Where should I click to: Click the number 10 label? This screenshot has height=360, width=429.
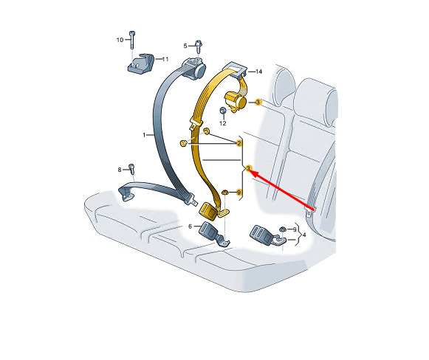click(120, 40)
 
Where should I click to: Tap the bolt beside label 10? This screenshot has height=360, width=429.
click(132, 40)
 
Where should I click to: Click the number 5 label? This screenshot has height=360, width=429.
click(185, 46)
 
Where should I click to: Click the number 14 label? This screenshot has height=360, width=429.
click(258, 72)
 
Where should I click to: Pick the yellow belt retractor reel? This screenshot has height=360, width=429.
click(236, 102)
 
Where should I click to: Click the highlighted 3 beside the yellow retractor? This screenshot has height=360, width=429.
click(258, 103)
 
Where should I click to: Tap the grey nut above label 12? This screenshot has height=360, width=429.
click(223, 111)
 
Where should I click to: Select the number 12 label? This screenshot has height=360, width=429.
click(223, 123)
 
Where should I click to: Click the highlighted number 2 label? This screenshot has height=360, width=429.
click(238, 143)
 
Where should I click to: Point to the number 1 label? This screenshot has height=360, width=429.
click(144, 135)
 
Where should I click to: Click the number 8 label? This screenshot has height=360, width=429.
click(120, 170)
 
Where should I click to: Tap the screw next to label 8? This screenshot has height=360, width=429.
click(131, 169)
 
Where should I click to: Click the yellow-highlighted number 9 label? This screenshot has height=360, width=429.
click(238, 193)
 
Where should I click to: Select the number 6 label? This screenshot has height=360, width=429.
click(191, 226)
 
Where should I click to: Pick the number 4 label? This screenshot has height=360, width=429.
click(304, 235)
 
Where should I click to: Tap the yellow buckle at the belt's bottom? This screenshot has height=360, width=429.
click(208, 210)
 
